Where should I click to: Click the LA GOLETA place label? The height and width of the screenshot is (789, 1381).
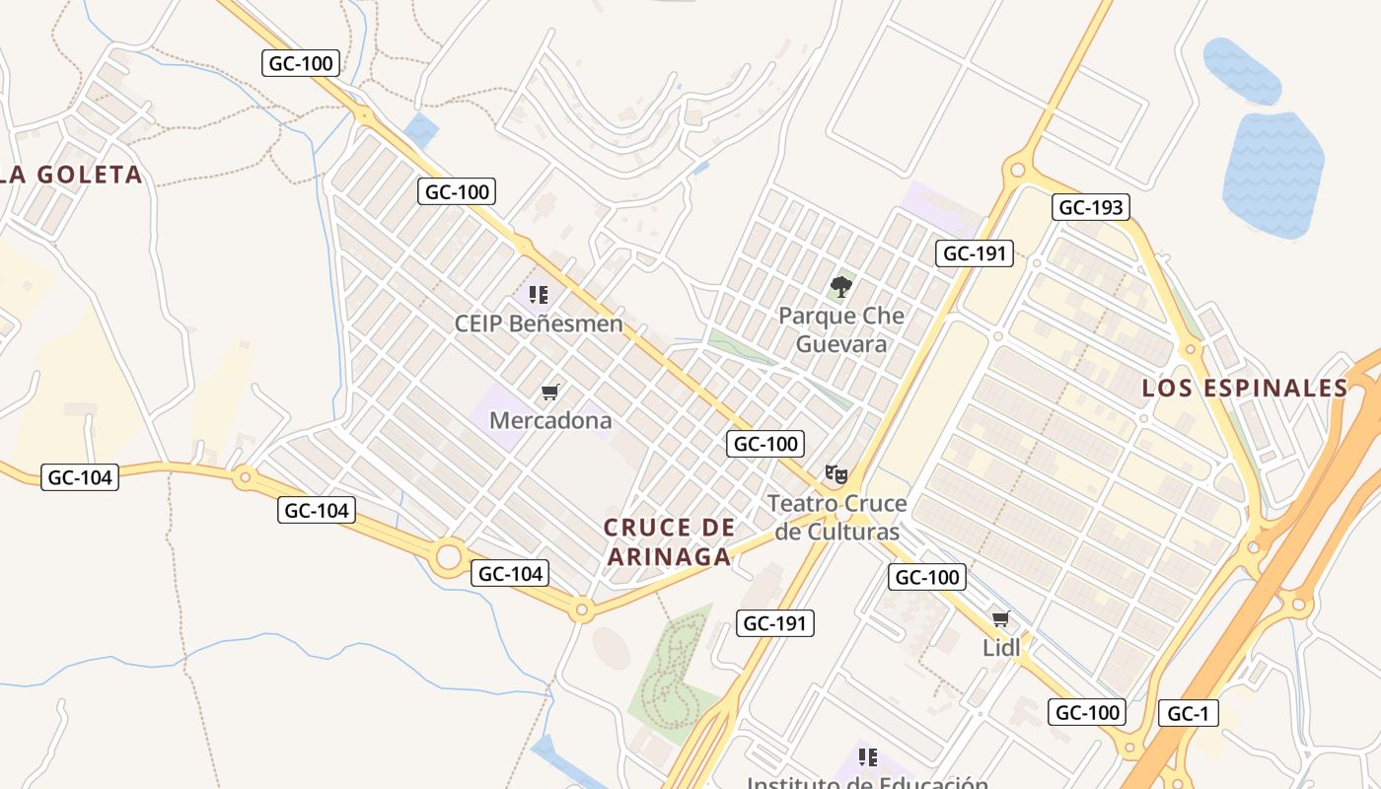(x=74, y=176)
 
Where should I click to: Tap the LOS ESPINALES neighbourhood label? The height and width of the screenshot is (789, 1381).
(x=1245, y=389)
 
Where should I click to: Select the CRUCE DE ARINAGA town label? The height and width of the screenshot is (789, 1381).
(x=670, y=541)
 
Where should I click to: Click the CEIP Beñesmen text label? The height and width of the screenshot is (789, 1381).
(x=539, y=323)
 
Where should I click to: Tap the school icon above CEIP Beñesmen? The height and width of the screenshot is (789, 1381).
(x=538, y=294)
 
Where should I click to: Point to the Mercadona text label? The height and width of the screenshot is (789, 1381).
(x=550, y=420)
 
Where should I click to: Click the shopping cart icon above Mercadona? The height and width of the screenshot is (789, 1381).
(x=550, y=393)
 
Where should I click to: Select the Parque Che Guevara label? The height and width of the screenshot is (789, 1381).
(x=840, y=330)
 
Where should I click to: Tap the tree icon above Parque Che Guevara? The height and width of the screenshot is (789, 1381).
(x=840, y=287)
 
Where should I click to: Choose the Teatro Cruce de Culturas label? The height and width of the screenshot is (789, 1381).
(x=837, y=518)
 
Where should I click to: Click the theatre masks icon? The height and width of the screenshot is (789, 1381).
(x=836, y=474)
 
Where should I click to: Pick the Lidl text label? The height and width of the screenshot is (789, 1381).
(x=1001, y=647)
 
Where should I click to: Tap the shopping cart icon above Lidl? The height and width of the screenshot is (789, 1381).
(x=1001, y=619)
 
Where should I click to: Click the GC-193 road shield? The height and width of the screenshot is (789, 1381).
(x=1090, y=207)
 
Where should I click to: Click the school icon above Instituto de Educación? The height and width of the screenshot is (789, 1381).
(x=867, y=757)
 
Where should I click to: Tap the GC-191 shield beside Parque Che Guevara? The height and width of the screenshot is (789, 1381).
(x=975, y=253)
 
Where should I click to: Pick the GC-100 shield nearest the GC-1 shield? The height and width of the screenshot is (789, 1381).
(x=1087, y=712)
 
